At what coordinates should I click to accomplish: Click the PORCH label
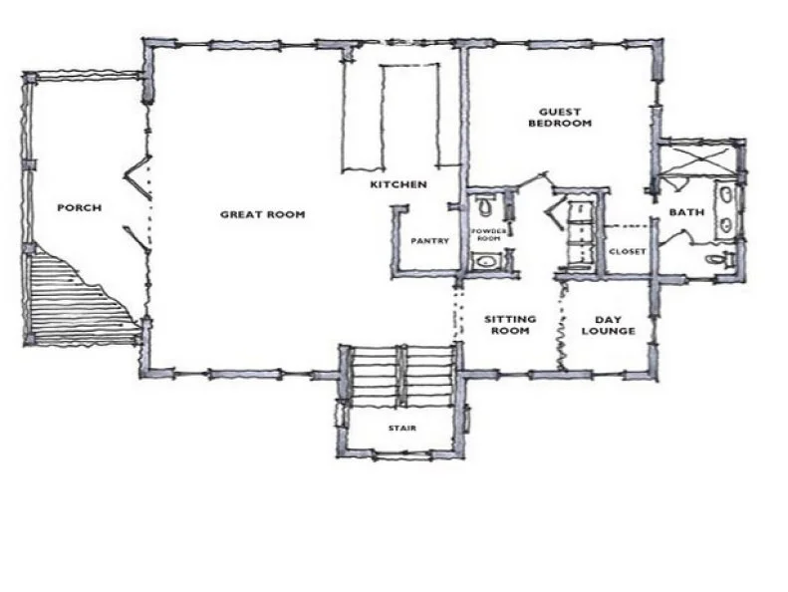point(80,207)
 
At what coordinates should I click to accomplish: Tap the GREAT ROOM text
point(263,214)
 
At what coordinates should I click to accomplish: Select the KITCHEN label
point(398,184)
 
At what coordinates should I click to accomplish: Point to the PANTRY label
point(429,241)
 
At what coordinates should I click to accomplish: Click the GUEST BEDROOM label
point(560,118)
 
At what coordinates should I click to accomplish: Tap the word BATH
point(686,212)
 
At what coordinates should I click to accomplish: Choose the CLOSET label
point(628,251)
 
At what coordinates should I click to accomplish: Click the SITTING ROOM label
point(510,325)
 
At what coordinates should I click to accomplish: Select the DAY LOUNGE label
point(608,326)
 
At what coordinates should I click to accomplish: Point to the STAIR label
point(402,428)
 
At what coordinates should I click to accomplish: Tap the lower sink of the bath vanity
point(726,224)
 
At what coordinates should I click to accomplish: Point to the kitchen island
point(410,115)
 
